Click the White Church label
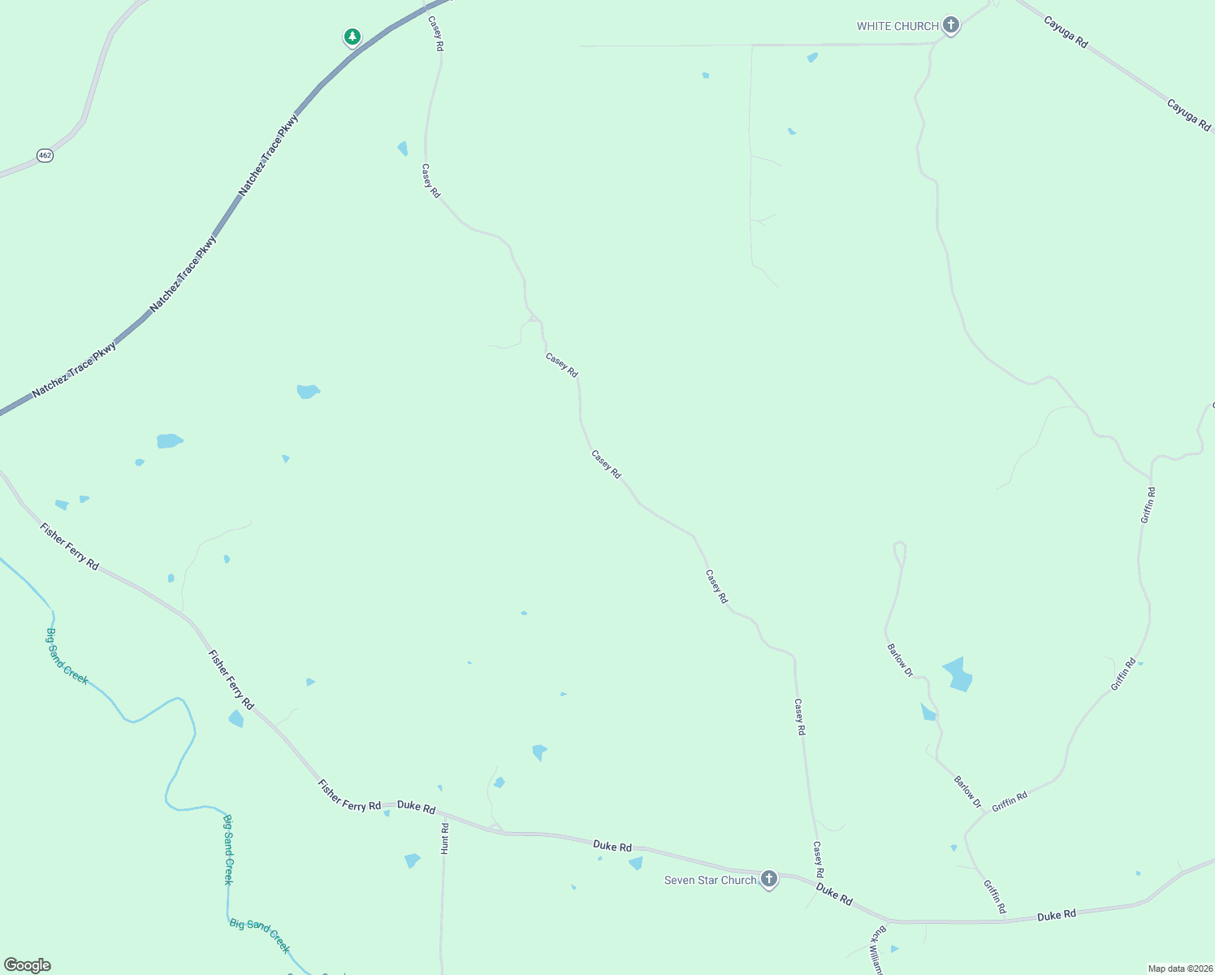click(x=897, y=26)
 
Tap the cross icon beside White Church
click(x=951, y=25)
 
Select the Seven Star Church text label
click(x=710, y=880)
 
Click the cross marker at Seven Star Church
click(x=768, y=879)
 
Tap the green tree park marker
click(x=352, y=37)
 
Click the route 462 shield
click(x=45, y=155)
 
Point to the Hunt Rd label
click(x=445, y=838)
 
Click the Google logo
click(x=28, y=965)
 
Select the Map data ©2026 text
click(x=1179, y=968)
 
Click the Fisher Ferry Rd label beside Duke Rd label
click(x=349, y=795)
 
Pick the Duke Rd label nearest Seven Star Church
click(x=834, y=895)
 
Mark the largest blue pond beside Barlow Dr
click(x=958, y=674)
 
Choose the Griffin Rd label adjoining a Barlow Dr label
click(x=1010, y=800)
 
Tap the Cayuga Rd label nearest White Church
click(x=1066, y=33)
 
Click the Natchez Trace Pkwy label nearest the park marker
click(x=269, y=154)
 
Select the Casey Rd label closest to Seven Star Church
click(x=819, y=860)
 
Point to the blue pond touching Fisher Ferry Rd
click(x=236, y=719)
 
